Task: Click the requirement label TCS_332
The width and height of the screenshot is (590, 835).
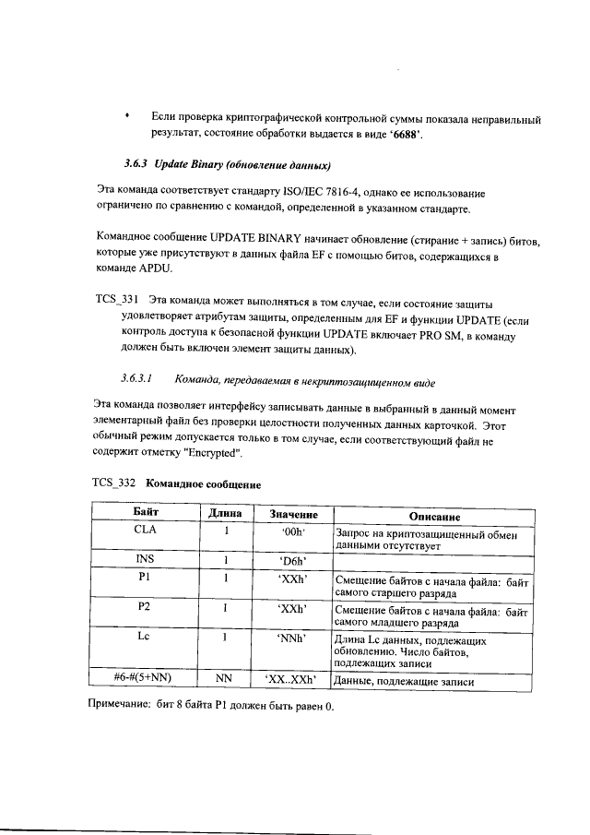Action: pyautogui.click(x=114, y=483)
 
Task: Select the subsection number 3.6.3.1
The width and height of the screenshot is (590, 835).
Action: pyautogui.click(x=136, y=378)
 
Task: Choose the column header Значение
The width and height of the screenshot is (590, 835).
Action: pyautogui.click(x=293, y=514)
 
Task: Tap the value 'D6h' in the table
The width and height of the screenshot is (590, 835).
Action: pyautogui.click(x=292, y=560)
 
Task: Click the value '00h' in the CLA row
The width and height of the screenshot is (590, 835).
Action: pyautogui.click(x=292, y=531)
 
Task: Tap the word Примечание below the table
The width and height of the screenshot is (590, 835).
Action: pyautogui.click(x=127, y=706)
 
